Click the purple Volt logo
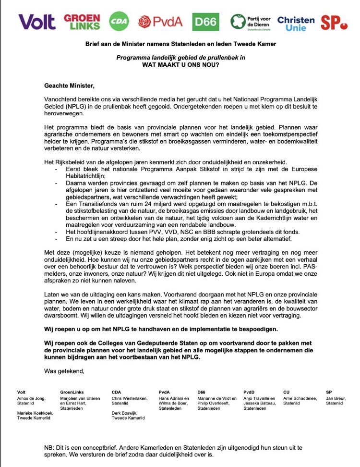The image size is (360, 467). [36, 22]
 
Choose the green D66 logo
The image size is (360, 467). [205, 22]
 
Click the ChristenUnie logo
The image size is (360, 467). [296, 22]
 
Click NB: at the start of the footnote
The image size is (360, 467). [49, 448]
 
